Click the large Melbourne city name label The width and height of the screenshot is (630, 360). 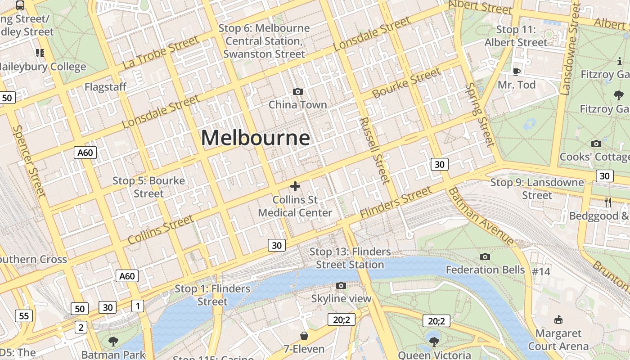pos(255,138)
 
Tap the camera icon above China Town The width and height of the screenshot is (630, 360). pos(297,92)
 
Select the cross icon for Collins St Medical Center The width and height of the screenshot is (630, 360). pos(295,186)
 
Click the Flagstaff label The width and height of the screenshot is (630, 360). pos(105,87)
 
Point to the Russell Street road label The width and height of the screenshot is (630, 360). pos(374,151)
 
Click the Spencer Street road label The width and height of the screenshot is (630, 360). pos(29,161)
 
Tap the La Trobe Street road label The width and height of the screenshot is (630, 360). pos(160,53)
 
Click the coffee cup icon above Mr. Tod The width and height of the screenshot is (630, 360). pos(516,72)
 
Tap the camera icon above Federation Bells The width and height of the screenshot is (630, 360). pos(485,257)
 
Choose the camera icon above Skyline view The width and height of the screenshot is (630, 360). pos(341,286)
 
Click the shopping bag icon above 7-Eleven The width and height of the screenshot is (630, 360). pos(304,336)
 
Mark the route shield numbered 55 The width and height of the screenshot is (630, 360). pos(24,316)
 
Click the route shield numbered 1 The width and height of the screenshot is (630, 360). pos(137,306)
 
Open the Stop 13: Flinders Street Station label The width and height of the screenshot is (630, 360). pos(350,258)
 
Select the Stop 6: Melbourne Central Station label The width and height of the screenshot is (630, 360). pos(264,41)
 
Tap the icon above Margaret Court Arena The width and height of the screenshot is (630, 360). pos(558,320)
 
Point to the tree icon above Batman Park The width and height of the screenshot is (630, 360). pos(113,341)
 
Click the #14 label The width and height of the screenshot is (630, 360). pos(541,271)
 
